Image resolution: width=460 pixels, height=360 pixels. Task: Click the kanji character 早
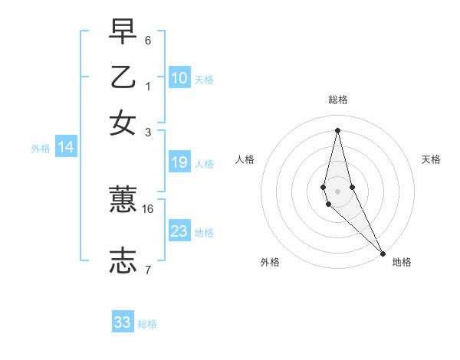click(123, 32)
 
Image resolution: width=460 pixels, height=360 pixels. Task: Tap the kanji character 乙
click(123, 78)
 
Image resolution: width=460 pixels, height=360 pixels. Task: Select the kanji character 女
click(123, 123)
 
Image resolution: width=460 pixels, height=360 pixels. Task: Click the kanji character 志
click(123, 260)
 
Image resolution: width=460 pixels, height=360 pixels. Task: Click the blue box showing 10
click(179, 78)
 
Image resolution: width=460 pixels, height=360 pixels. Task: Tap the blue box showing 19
click(179, 162)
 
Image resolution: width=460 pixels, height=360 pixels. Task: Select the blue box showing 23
click(179, 231)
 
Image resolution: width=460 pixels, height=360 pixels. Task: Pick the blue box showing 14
click(66, 148)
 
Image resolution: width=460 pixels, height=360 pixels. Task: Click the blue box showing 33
click(123, 322)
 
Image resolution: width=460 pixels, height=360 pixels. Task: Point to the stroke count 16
click(148, 208)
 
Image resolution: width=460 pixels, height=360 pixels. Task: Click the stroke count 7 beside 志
click(148, 270)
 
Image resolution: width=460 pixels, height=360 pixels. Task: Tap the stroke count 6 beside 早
click(148, 40)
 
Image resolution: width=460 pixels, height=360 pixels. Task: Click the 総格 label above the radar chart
click(337, 100)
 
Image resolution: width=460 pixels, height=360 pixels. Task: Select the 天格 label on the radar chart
click(431, 159)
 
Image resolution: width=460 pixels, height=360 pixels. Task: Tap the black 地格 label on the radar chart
click(402, 262)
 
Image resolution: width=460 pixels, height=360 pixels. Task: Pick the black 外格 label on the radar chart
click(270, 262)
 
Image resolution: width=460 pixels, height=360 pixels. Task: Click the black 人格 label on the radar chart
click(245, 159)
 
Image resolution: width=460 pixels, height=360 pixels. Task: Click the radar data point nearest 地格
click(382, 253)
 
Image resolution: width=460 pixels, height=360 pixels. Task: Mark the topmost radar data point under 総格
click(337, 130)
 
